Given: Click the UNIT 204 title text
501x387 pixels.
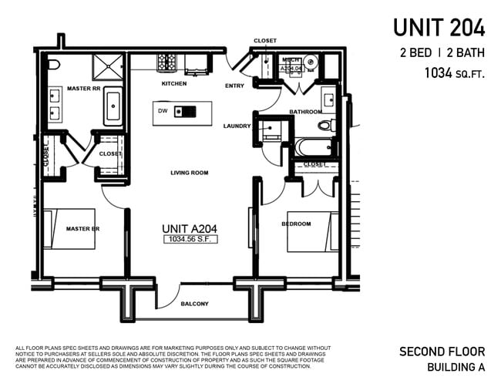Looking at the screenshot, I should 439,28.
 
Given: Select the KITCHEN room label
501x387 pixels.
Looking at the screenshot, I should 173,83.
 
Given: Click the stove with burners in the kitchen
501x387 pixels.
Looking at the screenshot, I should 167,62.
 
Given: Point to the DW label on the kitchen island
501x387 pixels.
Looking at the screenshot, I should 163,111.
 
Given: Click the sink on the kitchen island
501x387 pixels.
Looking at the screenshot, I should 180,111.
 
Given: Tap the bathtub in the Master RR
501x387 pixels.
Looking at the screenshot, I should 113,106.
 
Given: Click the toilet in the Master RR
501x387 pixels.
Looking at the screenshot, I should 53,65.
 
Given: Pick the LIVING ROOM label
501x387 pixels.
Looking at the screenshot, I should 190,173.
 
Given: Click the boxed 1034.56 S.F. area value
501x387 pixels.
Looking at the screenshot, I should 190,240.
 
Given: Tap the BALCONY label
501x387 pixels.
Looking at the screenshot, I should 194,304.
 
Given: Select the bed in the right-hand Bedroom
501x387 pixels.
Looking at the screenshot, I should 311,231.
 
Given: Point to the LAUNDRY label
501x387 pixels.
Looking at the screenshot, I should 237,126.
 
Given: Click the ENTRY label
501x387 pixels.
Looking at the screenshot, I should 234,86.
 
